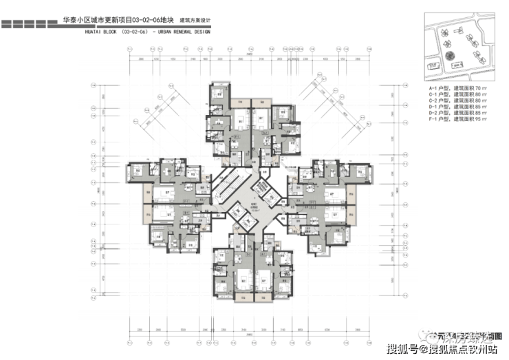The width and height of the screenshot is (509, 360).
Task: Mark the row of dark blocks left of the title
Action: pyautogui.click(x=30, y=23)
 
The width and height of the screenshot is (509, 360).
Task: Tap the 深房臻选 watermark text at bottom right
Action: pyautogui.click(x=468, y=337)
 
